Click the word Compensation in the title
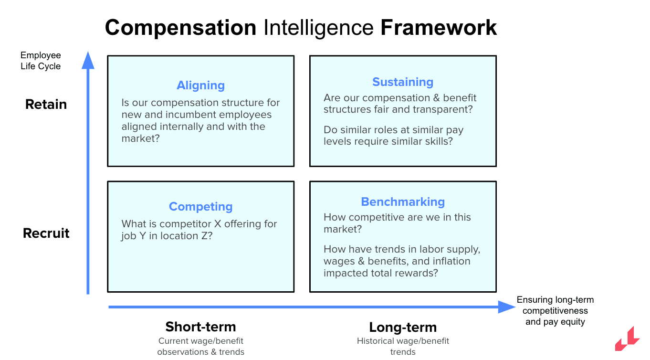(180, 28)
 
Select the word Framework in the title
(438, 28)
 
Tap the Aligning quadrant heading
(200, 85)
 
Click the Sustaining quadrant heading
(403, 82)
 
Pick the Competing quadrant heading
(200, 207)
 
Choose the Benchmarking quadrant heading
(403, 202)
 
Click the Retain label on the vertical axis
(46, 104)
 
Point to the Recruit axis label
(46, 233)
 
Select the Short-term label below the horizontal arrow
(200, 327)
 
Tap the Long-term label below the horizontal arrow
(403, 328)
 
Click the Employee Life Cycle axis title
(41, 61)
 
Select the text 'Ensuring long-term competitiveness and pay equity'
(555, 311)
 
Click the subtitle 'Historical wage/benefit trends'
(403, 346)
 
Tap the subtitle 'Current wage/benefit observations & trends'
(200, 346)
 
